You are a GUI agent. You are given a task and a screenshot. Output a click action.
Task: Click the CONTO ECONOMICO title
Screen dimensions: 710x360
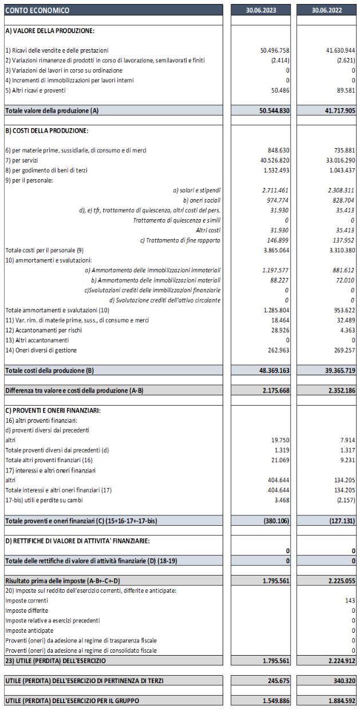[x=37, y=10]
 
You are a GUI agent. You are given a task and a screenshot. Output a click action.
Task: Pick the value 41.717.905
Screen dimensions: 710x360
[x=339, y=110]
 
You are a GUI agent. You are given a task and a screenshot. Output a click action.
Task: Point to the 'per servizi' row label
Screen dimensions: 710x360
[x=19, y=160]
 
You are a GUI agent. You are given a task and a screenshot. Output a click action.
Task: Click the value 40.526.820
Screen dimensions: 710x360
[x=275, y=160]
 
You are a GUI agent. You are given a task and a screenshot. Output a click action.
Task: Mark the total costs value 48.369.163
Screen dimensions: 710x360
[x=274, y=370]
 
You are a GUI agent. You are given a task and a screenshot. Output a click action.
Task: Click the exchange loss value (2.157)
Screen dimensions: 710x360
[x=343, y=501]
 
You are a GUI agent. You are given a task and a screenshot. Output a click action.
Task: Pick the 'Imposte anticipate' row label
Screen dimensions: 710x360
[x=29, y=630]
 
